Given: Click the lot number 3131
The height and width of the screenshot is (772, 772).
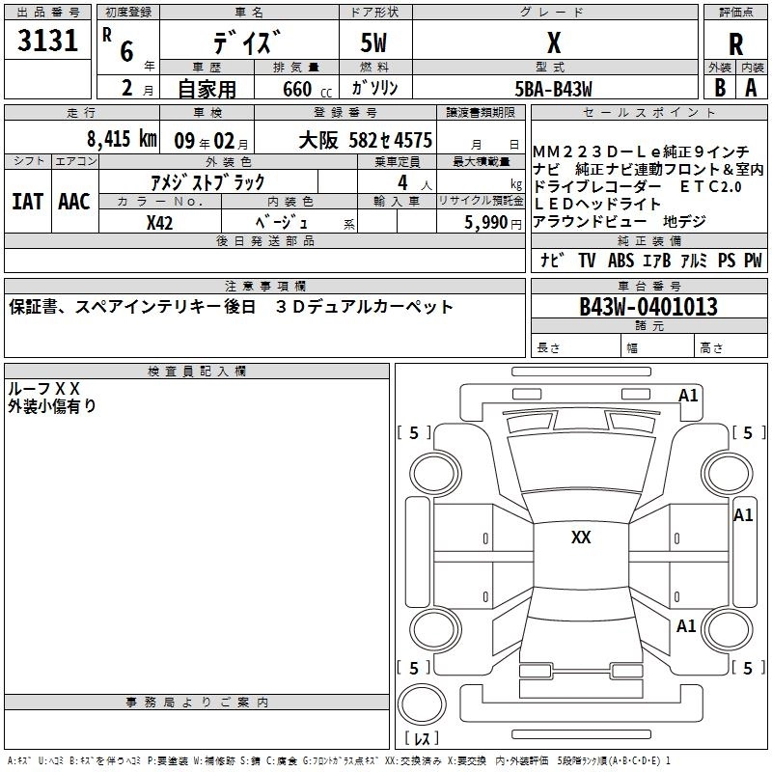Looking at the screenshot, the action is click(x=47, y=41).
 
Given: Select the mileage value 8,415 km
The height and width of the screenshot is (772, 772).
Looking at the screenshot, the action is click(x=122, y=139).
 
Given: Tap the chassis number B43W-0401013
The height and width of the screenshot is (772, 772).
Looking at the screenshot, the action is click(x=648, y=307).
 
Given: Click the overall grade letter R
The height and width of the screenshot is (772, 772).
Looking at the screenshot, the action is click(x=735, y=44).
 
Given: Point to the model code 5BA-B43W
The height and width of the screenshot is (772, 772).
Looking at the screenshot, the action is click(x=553, y=89).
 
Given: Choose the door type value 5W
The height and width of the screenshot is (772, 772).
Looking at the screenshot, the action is click(x=373, y=42).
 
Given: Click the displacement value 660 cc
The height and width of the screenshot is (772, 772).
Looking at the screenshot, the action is click(x=307, y=89).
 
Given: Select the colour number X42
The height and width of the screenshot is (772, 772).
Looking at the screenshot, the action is click(x=159, y=223).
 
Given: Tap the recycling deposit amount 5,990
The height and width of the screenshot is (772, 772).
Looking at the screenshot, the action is click(x=486, y=223).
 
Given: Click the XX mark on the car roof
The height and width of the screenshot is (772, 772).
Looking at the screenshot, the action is click(x=581, y=538).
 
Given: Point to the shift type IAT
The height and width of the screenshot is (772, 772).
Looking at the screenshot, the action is click(x=27, y=202).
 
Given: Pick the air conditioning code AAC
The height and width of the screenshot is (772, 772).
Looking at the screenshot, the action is click(x=74, y=202).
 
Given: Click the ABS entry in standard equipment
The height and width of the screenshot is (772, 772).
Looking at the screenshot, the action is click(x=620, y=261).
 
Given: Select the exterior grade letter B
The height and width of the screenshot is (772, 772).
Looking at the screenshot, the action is click(x=720, y=88).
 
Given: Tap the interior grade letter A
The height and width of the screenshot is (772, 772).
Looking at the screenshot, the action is click(x=751, y=88).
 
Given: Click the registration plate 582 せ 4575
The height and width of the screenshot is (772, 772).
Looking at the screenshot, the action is click(x=390, y=140).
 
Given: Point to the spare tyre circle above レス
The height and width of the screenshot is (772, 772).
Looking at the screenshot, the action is click(x=422, y=704).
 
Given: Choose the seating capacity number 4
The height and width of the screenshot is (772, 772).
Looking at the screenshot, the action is click(x=402, y=182).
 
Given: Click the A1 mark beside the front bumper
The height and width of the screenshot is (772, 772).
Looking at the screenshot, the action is click(x=688, y=396).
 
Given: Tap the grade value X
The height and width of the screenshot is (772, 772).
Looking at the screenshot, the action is click(x=554, y=42).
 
